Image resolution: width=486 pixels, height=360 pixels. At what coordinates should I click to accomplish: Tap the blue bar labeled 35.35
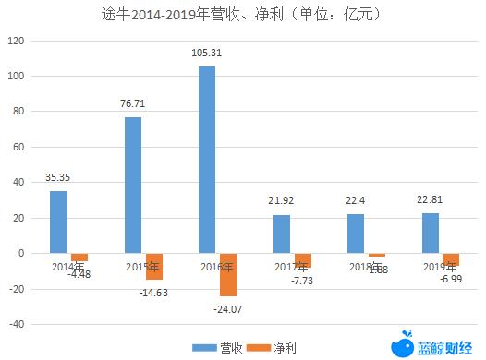tap(58, 222)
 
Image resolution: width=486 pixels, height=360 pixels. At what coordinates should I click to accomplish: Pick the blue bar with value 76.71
tap(133, 185)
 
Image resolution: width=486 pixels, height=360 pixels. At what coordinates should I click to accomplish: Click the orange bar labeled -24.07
tap(228, 274)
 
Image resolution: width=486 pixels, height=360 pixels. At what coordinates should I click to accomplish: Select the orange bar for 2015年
tap(153, 266)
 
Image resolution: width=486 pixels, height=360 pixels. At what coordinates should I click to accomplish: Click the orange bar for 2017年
tap(303, 259)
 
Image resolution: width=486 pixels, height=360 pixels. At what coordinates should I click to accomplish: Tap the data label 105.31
tap(208, 54)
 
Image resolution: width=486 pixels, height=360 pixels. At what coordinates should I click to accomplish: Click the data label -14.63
tap(154, 293)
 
